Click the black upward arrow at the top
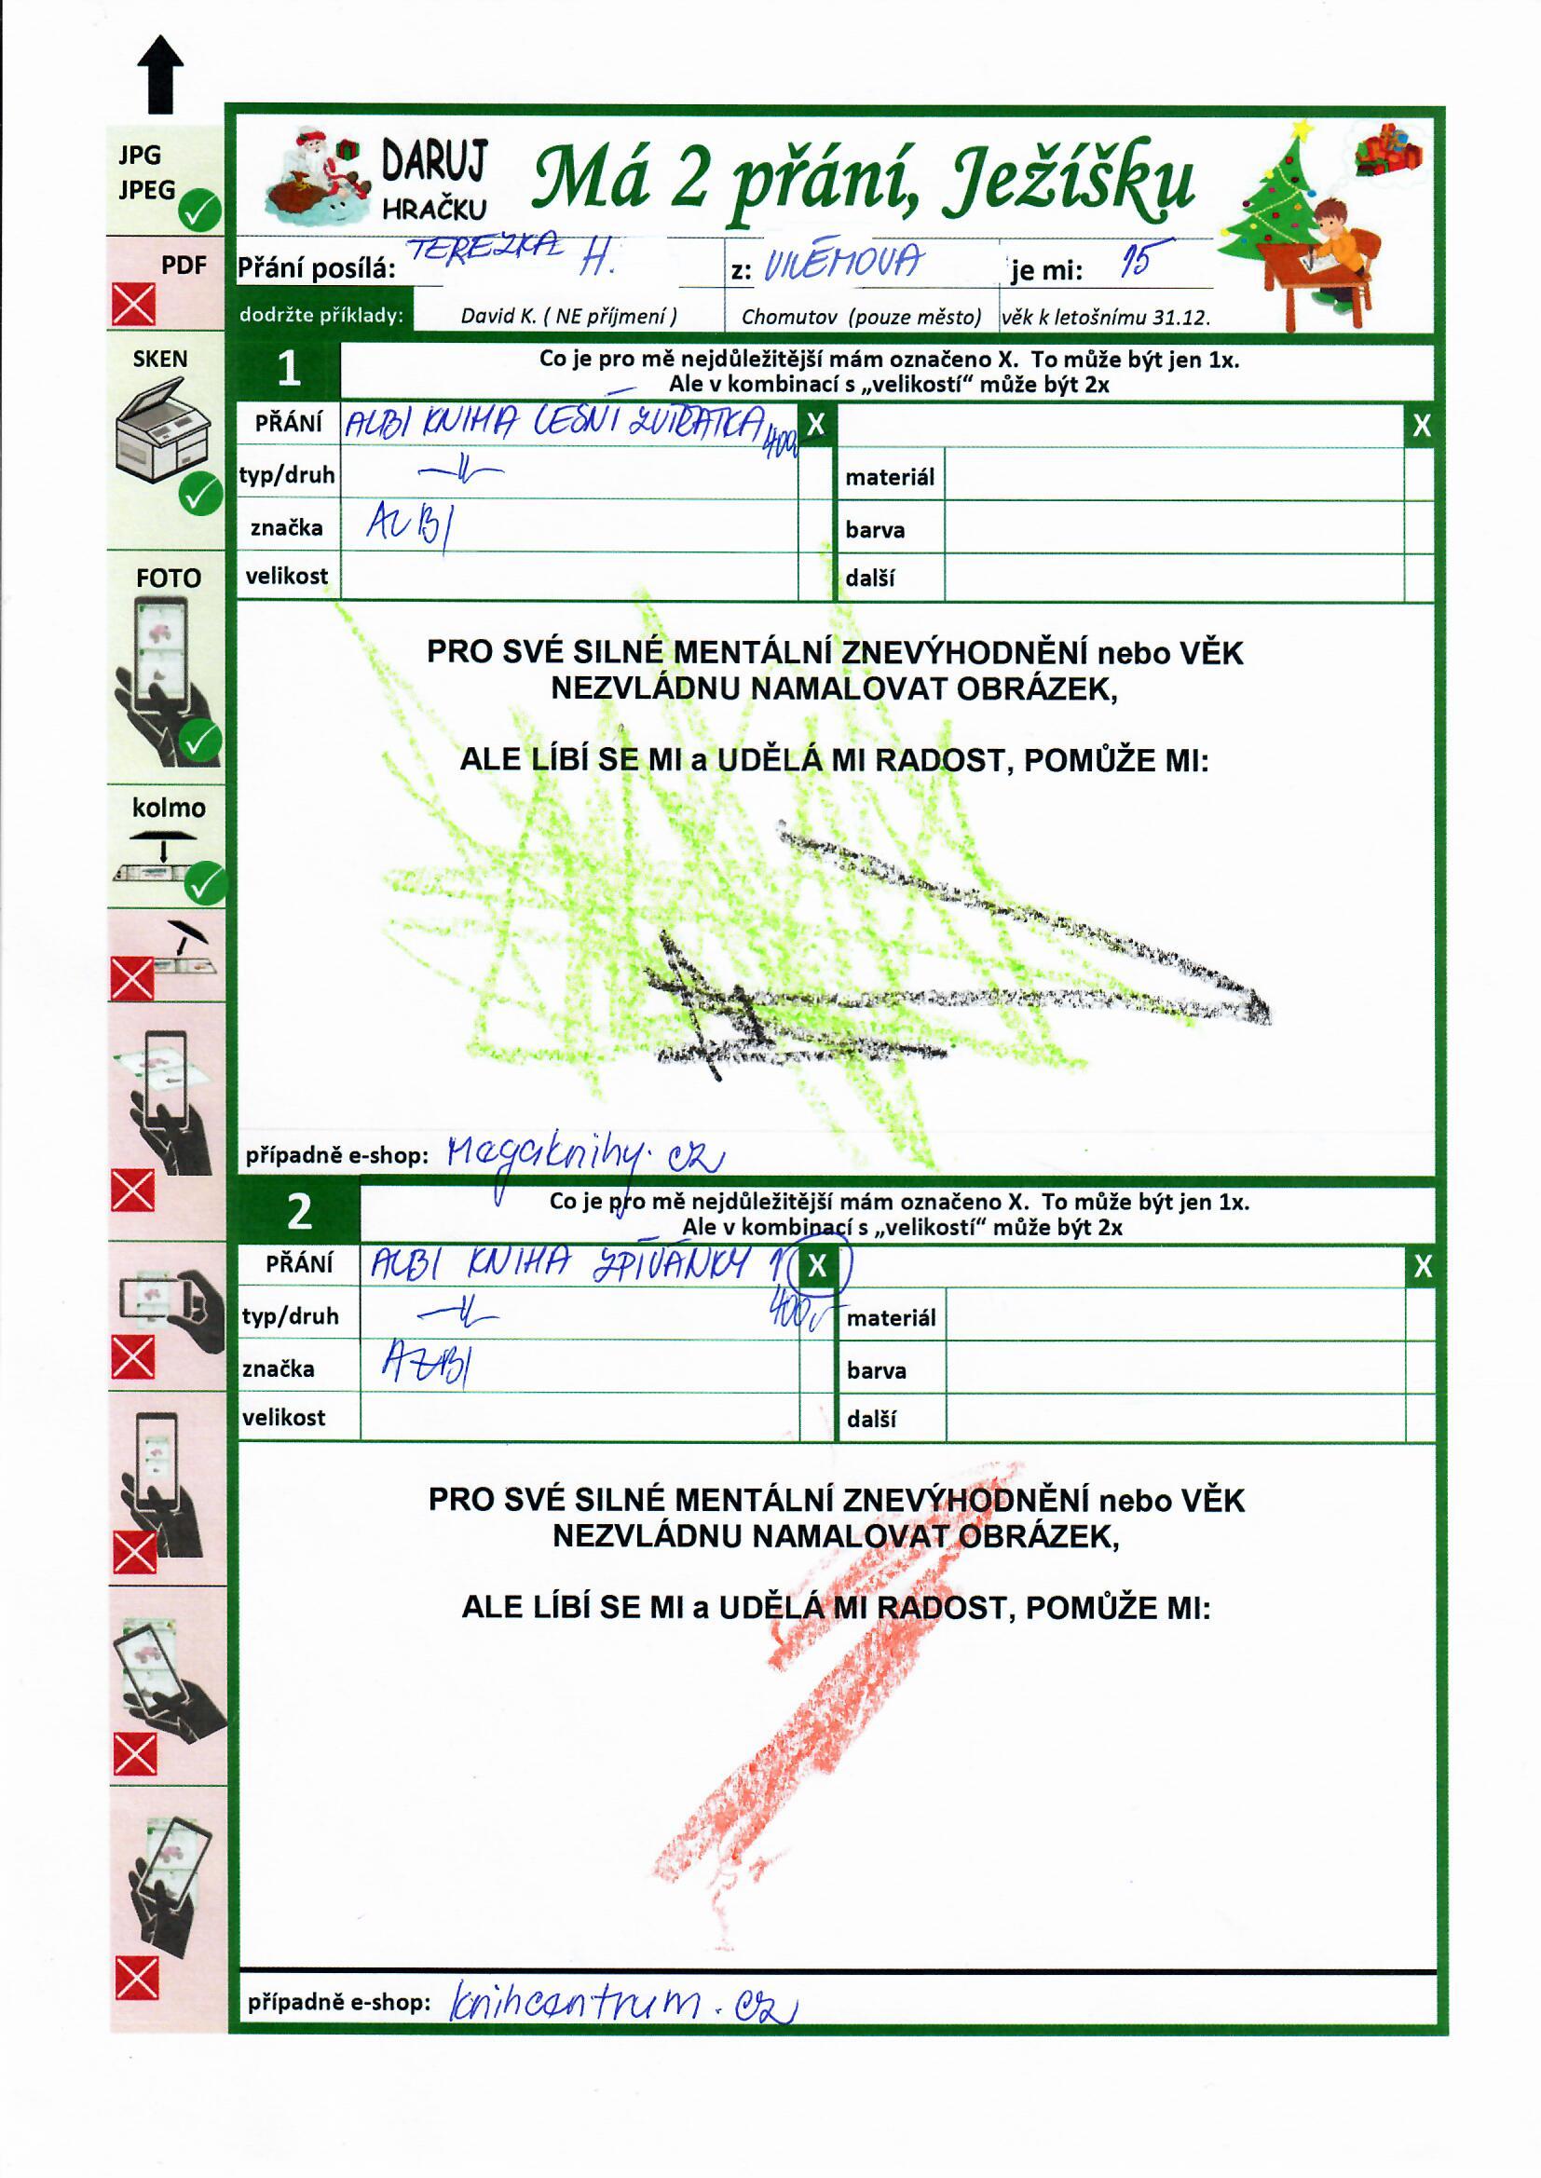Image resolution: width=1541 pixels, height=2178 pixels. click(159, 74)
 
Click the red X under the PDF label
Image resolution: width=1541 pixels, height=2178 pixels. click(134, 306)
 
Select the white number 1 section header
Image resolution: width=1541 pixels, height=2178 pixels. click(289, 369)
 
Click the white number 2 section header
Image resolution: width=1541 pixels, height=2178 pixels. click(299, 1211)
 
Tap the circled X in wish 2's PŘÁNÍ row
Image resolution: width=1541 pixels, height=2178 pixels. click(818, 1266)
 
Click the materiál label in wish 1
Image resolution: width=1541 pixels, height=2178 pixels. click(890, 477)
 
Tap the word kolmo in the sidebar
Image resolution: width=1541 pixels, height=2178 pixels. click(169, 809)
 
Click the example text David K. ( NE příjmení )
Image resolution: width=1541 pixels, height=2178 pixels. click(568, 317)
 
